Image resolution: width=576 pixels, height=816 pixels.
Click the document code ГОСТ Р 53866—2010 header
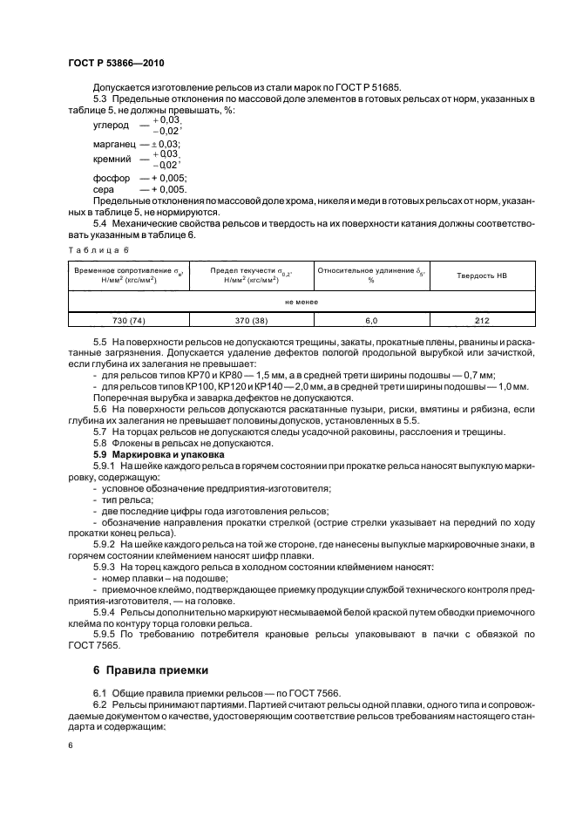pos(116,65)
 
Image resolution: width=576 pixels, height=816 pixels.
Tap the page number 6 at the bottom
pos(71,747)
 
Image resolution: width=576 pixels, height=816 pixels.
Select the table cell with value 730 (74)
pos(128,320)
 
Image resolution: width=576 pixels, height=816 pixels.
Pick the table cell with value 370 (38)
pos(251,320)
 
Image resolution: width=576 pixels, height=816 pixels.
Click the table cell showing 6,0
pos(370,320)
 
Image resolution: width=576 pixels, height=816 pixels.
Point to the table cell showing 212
pos(484,320)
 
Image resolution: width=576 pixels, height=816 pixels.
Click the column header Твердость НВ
pos(484,275)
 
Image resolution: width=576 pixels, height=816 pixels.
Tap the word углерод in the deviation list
pos(111,126)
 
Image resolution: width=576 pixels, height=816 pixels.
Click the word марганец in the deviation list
pos(113,144)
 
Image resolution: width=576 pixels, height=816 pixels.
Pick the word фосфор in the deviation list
pos(110,178)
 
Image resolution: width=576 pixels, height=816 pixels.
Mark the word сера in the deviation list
pos(102,189)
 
